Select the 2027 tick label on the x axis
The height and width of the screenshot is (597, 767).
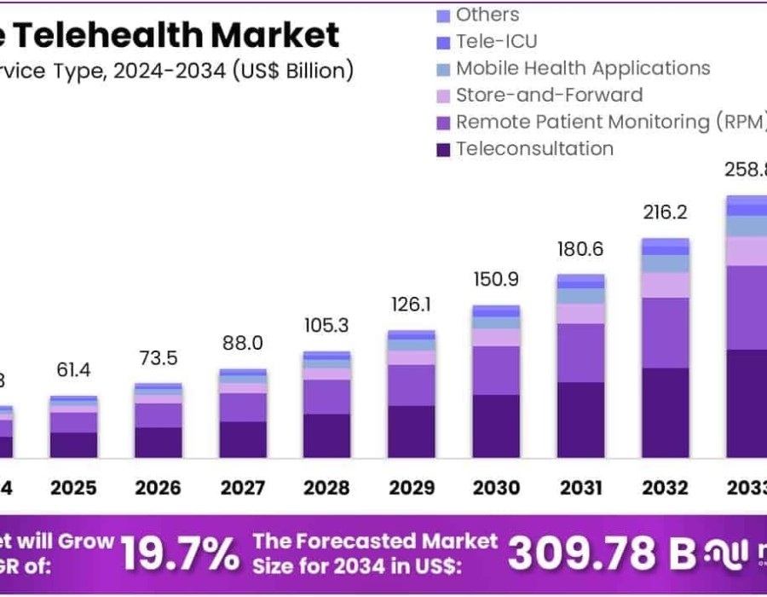pos(242,488)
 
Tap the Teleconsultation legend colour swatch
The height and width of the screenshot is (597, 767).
pos(443,149)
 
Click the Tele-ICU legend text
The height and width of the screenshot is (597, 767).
pos(497,41)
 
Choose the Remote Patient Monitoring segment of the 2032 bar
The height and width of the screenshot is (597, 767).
pos(665,333)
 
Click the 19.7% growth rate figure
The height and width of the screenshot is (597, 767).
pos(180,554)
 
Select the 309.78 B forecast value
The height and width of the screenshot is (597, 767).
pos(602,554)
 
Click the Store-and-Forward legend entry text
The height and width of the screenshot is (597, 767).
pos(549,95)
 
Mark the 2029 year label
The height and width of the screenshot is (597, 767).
pos(412,488)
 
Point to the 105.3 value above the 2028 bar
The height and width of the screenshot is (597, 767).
pos(327,327)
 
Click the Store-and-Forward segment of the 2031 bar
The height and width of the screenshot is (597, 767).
pos(580,313)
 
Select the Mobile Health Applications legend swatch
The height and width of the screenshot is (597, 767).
pos(443,69)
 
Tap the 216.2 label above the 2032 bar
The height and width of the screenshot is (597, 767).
pos(665,212)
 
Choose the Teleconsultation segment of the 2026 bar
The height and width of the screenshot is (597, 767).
pos(158,442)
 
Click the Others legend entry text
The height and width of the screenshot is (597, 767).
pos(487,14)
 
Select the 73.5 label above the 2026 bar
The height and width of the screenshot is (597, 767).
pos(158,357)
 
